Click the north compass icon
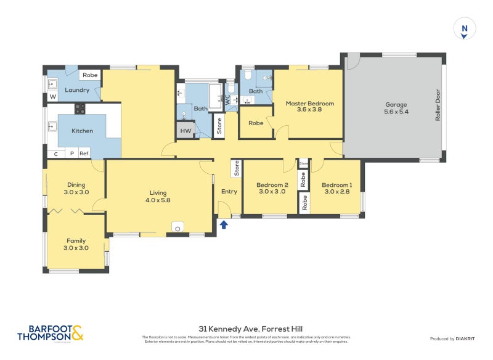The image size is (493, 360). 464,29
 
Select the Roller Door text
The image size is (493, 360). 438,105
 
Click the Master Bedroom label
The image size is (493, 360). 309,104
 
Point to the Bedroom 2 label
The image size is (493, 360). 272,185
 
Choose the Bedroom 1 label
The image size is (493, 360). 337,185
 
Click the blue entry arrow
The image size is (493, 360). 224,225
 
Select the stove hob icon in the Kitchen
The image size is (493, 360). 80,109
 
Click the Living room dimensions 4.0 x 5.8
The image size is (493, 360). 158,200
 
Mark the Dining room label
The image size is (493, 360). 76,185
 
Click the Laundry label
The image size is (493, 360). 77,90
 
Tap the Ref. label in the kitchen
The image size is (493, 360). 84,153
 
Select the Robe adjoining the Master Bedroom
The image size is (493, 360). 256,123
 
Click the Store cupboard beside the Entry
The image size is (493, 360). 235,168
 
